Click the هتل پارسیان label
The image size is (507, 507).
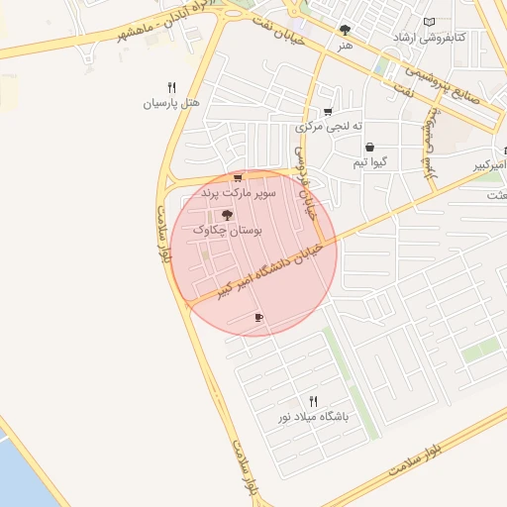click(x=172, y=102)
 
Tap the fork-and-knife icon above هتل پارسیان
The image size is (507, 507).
click(x=171, y=87)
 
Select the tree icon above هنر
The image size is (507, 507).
click(x=345, y=31)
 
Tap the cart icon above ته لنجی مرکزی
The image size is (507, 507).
click(x=328, y=111)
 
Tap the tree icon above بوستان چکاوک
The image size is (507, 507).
click(x=227, y=214)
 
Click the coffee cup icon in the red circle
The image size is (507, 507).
click(x=258, y=317)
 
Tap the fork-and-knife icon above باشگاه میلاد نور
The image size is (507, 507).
click(x=314, y=401)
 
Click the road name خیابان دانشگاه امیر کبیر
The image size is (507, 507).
click(x=256, y=269)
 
